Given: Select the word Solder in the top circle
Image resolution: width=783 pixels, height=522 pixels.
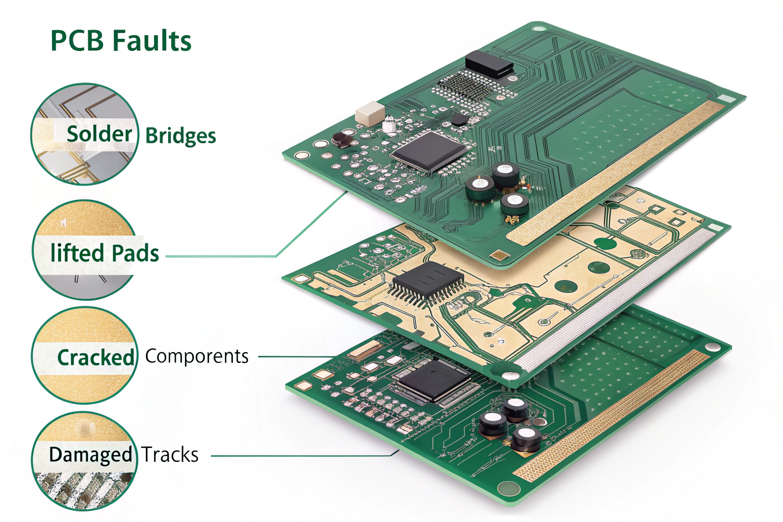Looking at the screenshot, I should point(99,134).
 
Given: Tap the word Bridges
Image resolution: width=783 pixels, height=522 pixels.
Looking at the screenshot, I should point(180,136).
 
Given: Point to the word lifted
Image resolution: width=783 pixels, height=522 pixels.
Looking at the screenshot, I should point(76,253).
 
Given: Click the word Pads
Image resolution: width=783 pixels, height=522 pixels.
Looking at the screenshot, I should point(135,253).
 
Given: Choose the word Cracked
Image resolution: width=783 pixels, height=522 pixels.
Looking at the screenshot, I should point(95,357).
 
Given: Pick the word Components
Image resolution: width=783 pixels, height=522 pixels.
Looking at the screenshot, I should point(197,356).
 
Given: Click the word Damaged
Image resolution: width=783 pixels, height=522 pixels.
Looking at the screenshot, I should point(90,455).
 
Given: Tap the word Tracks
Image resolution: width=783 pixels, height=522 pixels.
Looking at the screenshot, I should point(170,455).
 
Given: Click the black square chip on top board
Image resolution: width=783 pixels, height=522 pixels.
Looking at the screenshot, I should point(428,150).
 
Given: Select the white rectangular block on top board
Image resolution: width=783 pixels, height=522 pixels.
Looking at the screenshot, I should point(370,113).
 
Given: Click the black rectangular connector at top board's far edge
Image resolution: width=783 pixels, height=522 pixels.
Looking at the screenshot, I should point(488,64).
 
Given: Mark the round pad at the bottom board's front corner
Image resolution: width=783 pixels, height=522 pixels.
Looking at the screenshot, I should point(508,488).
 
